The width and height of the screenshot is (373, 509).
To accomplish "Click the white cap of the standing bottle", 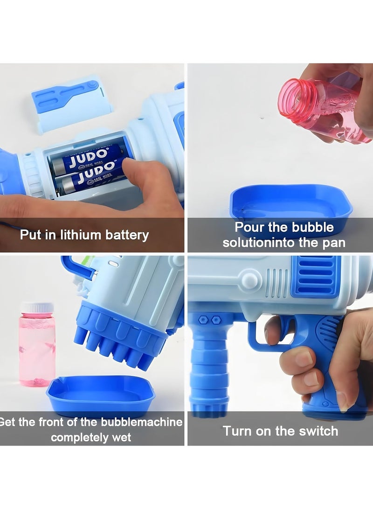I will [x=37, y=307].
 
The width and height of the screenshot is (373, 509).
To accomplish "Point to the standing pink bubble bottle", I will [x=37, y=345].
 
